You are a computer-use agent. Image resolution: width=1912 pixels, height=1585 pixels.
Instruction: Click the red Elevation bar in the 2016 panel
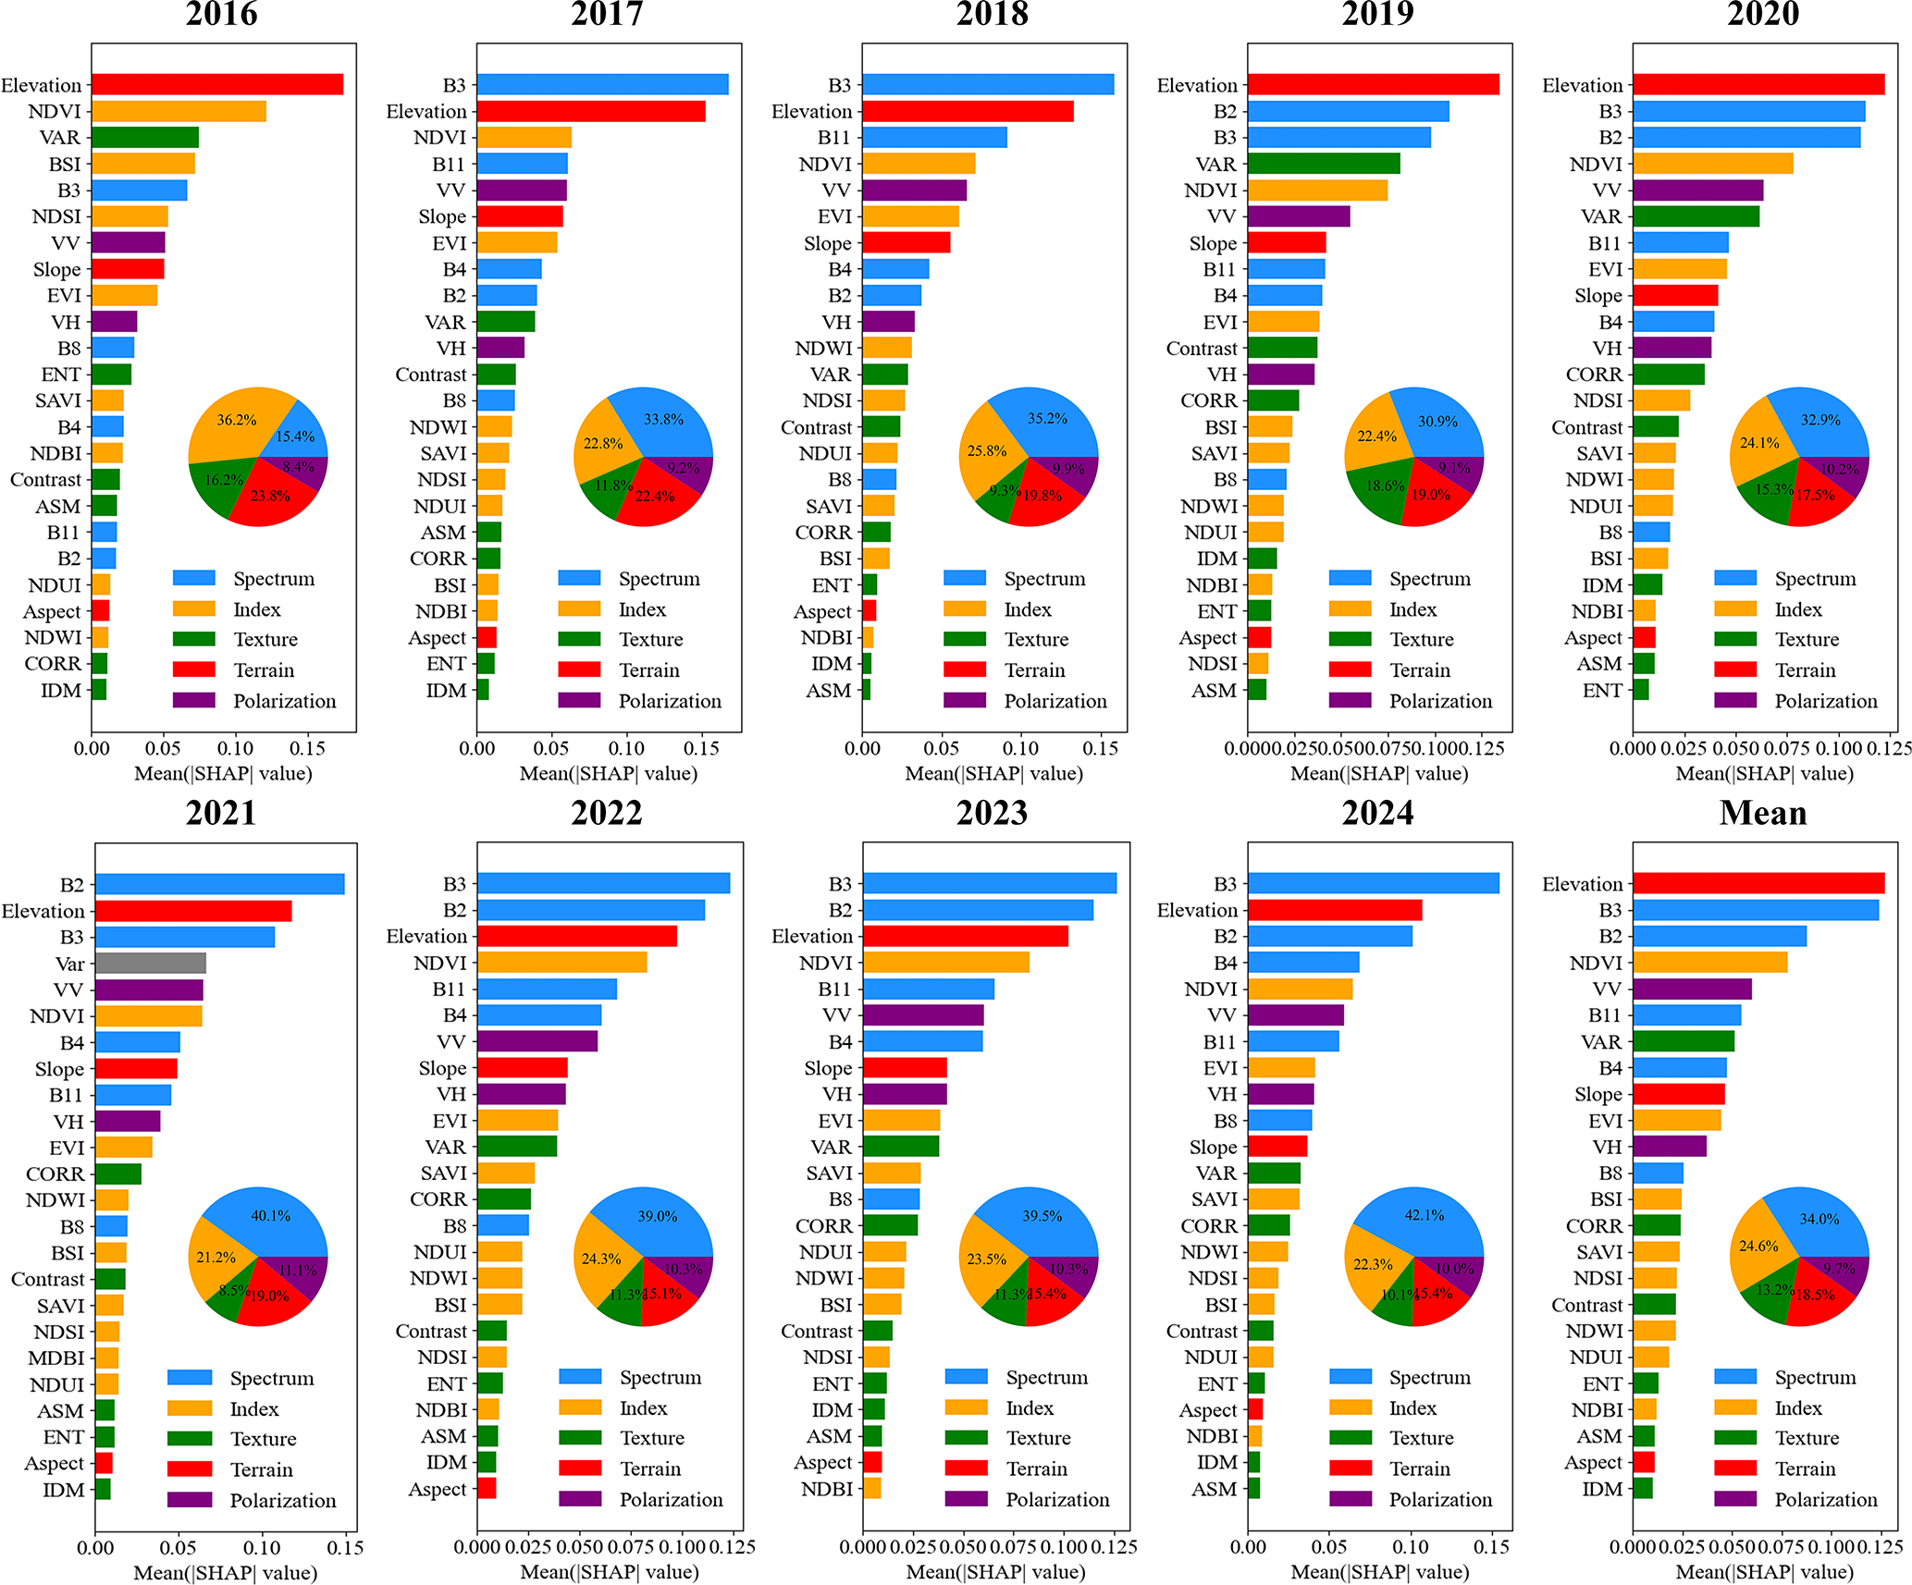click(x=217, y=85)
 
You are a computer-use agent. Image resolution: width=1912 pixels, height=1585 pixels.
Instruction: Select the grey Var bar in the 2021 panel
click(x=150, y=964)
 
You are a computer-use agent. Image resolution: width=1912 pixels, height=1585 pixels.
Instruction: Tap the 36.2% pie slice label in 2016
click(x=237, y=420)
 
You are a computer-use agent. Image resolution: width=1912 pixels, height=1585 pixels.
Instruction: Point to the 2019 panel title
click(x=1377, y=14)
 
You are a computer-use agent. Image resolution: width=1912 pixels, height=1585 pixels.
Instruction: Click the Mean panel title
click(x=1762, y=813)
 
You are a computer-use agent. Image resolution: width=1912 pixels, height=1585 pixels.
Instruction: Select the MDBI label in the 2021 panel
click(x=56, y=1358)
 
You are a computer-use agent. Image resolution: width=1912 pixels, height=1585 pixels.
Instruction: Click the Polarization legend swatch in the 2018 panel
click(x=965, y=701)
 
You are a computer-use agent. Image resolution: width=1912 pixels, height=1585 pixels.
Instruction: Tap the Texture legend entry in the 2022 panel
click(x=652, y=1438)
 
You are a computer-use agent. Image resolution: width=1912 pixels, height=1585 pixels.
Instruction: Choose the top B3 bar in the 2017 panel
click(x=602, y=85)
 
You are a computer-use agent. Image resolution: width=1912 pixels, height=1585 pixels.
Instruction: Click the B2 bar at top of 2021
click(x=219, y=885)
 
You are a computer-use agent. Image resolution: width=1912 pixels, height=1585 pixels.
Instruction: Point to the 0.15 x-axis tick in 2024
click(x=1491, y=1546)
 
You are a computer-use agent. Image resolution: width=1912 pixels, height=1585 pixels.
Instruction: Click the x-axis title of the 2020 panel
click(x=1764, y=773)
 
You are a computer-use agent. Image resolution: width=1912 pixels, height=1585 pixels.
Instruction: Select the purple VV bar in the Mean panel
click(x=1692, y=989)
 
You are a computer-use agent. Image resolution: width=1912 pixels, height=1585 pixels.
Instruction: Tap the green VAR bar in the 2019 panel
click(x=1324, y=165)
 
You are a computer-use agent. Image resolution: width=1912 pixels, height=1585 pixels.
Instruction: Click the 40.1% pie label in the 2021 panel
click(x=271, y=1216)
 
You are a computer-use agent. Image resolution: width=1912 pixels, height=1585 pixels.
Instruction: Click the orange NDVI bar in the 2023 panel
click(x=945, y=963)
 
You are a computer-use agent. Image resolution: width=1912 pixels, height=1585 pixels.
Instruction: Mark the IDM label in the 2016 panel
click(x=61, y=691)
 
